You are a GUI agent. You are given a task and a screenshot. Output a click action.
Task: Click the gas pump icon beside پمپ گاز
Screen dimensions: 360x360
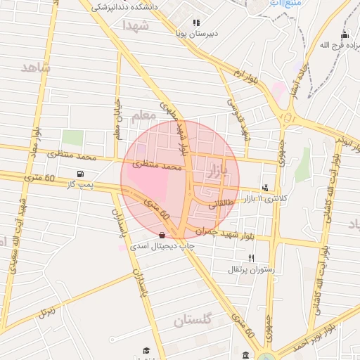pos(82,174)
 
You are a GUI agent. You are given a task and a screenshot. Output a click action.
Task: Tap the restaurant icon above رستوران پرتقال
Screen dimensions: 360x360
pos(251,258)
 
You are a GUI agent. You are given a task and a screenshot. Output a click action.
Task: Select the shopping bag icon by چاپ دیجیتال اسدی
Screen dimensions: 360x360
pos(163,236)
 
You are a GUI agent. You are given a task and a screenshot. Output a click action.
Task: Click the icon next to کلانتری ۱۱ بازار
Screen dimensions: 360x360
pos(264,188)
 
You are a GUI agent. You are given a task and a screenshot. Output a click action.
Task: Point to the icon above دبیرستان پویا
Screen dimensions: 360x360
pos(196,22)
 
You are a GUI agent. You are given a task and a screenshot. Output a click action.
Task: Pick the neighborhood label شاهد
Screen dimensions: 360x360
pos(36,68)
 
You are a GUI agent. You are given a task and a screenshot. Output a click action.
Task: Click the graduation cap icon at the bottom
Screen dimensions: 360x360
pos(146,350)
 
